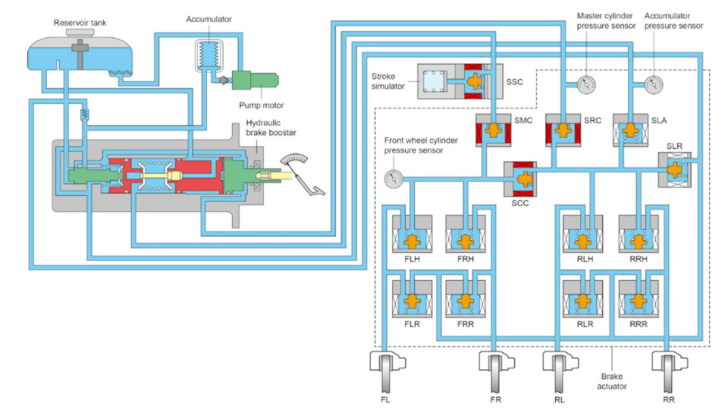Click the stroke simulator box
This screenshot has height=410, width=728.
tap(438, 82)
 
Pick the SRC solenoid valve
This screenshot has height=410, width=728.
tap(563, 131)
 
